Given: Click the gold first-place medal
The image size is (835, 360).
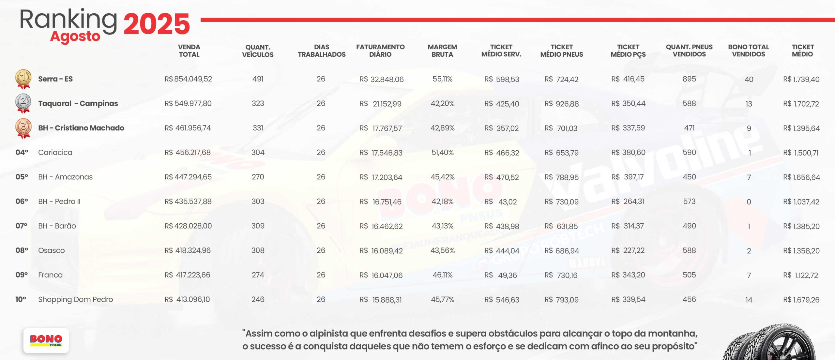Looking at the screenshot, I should (23, 79).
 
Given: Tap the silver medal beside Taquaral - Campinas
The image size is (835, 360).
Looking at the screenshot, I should (23, 103).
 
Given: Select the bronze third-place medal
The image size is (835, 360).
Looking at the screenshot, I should (23, 128).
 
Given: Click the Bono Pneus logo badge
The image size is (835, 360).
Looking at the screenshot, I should (46, 340).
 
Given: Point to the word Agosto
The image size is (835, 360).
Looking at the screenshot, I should (75, 37).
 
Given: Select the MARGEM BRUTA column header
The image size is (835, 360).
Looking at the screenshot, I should (442, 51).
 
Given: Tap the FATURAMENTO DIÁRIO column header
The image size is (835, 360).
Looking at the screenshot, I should (380, 51).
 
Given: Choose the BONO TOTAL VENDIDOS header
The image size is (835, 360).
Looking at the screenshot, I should (748, 51).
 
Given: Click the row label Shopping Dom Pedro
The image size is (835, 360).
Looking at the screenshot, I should (75, 299).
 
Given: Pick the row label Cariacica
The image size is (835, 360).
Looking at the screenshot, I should (55, 152).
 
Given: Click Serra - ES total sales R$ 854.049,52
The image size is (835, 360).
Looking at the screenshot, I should (188, 79).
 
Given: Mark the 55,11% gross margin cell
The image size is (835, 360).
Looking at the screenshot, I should (442, 79).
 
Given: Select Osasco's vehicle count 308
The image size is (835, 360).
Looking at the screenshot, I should (258, 250).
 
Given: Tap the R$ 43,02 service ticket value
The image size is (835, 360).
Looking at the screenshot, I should (501, 202).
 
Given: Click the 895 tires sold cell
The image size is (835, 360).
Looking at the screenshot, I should (689, 79).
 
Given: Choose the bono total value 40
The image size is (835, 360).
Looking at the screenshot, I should (749, 79).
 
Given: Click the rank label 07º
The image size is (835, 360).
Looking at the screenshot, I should (22, 226).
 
